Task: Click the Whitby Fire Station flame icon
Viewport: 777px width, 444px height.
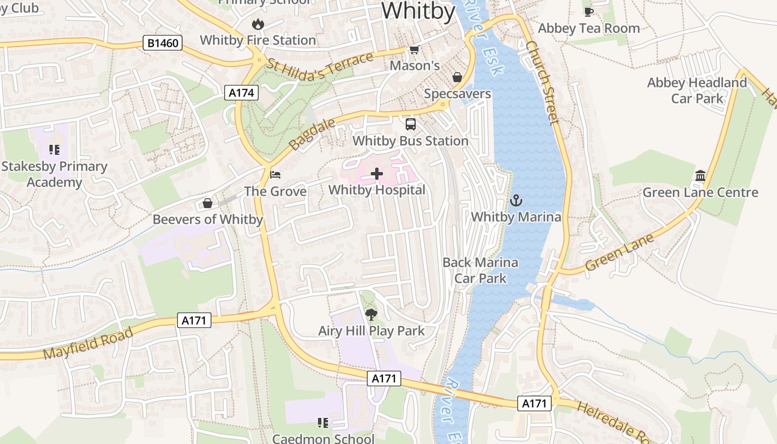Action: tap(258, 24)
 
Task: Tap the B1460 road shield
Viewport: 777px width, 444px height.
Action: tap(163, 43)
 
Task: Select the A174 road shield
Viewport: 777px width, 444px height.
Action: tap(243, 93)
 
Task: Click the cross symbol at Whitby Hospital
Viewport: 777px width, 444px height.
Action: tap(377, 174)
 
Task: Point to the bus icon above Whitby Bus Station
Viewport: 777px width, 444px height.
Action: tap(411, 124)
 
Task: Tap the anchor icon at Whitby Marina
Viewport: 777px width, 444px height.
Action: tap(516, 200)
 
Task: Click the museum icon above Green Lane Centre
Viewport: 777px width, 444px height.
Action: tap(700, 176)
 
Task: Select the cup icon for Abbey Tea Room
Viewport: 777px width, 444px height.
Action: tap(589, 12)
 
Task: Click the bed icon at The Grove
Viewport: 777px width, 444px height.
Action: tap(275, 175)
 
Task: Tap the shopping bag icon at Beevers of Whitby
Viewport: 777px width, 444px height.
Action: tap(208, 203)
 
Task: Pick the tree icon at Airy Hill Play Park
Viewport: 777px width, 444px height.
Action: tap(371, 315)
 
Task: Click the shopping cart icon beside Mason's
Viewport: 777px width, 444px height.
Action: tap(414, 50)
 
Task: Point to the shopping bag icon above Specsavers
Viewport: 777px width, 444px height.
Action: tap(457, 77)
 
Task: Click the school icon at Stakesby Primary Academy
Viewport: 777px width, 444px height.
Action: tap(54, 150)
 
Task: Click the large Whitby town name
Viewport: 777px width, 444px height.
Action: tap(418, 11)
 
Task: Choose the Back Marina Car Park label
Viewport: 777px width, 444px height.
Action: tap(480, 270)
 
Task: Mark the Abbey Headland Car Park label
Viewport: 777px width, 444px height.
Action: tap(697, 90)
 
